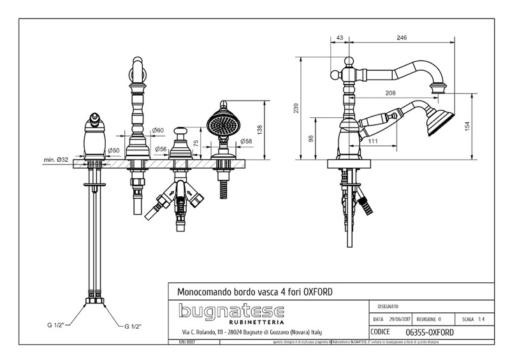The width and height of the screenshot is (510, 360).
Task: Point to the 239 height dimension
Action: coord(295,109)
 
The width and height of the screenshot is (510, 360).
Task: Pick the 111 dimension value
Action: coord(374,141)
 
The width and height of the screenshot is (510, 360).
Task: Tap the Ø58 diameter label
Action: coord(247,141)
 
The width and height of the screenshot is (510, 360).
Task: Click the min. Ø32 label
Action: coord(56,159)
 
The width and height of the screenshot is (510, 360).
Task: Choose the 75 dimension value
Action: coord(196,143)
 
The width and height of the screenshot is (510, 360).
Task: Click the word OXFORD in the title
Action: coord(315,291)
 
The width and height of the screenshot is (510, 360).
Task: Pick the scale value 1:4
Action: coord(487,319)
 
